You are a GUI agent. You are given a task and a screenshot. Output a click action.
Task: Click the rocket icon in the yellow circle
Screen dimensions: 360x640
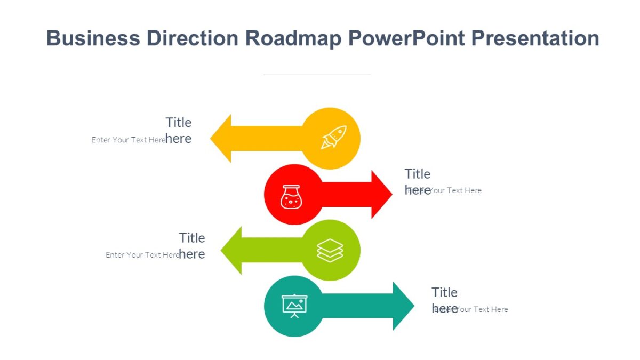[333, 137]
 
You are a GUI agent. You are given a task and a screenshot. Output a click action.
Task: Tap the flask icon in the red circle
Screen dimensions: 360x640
[291, 197]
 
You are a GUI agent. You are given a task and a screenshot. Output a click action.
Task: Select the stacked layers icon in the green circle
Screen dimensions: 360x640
[330, 250]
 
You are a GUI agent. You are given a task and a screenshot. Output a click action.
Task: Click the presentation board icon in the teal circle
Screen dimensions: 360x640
[294, 306]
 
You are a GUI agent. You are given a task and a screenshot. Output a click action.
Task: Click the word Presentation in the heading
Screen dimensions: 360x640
[535, 38]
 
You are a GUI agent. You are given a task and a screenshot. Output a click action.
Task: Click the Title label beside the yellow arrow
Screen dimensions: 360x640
[178, 123]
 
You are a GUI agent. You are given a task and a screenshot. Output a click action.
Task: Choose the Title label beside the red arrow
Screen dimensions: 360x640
[417, 174]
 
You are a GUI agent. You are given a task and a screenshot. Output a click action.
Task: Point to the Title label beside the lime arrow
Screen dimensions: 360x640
[192, 238]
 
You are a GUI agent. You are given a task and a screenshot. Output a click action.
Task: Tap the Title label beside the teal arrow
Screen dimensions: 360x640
[444, 292]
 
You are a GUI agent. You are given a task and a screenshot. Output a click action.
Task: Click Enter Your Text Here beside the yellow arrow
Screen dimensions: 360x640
[128, 140]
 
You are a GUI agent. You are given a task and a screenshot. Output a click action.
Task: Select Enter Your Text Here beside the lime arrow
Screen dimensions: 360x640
[142, 255]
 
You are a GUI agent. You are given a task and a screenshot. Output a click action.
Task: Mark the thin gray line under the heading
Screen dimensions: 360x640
[317, 75]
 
